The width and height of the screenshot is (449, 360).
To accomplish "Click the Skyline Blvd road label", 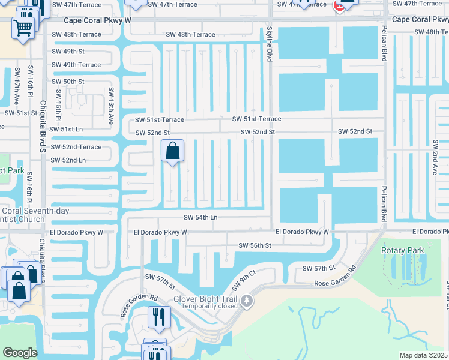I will click(269, 43).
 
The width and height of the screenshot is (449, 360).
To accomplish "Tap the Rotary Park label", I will click(403, 250).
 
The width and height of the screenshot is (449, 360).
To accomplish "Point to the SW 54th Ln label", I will click(200, 217).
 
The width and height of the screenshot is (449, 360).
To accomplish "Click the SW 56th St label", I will click(255, 245).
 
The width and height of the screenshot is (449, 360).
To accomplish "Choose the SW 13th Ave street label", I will click(111, 106).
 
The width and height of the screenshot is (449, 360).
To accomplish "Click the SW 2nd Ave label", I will click(436, 157).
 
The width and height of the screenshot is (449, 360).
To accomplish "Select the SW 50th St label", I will click(68, 82).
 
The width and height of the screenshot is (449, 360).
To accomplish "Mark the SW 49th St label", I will click(68, 52).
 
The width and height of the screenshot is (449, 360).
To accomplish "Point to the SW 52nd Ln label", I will click(68, 160).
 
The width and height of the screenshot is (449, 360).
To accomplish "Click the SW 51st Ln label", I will click(66, 129).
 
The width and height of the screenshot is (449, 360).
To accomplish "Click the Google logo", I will click(20, 353).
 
